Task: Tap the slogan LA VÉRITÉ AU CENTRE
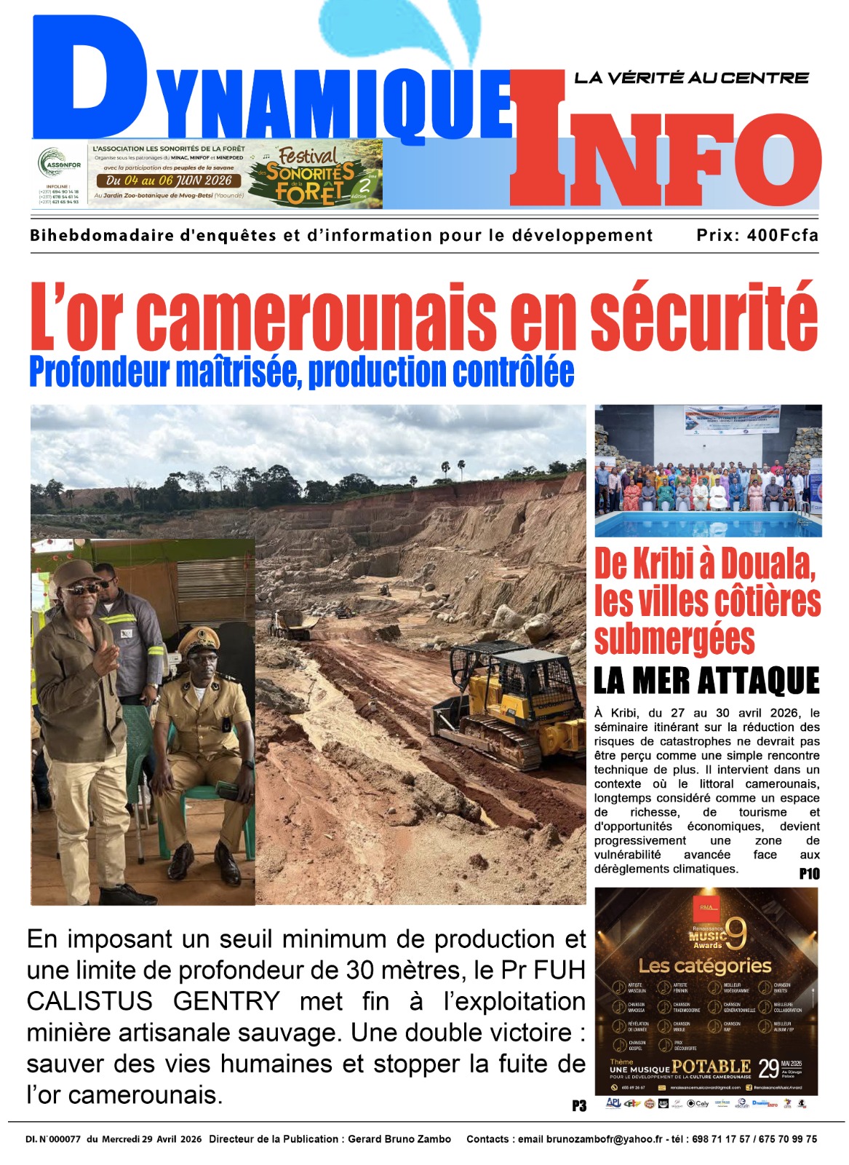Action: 691,78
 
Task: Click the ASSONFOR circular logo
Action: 59,164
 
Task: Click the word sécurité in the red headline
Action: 703,317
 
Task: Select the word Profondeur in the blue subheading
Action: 99,372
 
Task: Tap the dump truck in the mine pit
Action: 291,624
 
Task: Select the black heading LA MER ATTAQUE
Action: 706,682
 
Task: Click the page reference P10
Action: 809,874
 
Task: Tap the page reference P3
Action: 578,1106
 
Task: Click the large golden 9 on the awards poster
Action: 735,933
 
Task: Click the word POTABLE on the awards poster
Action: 711,1067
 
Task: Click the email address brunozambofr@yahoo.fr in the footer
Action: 604,1139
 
